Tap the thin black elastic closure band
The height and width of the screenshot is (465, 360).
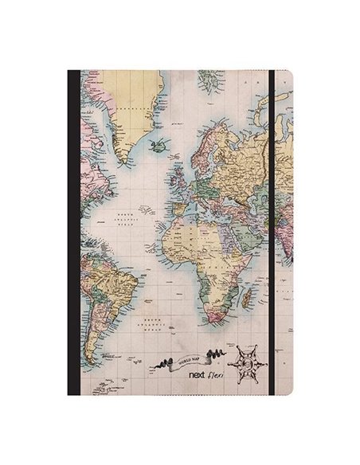point(271,231)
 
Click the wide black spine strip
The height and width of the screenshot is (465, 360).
point(73,231)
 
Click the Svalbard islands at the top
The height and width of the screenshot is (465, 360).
point(208,80)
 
